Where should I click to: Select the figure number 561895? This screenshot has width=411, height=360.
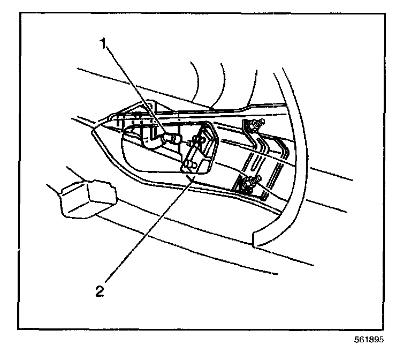pyautogui.click(x=368, y=340)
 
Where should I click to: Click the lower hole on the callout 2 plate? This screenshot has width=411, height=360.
pyautogui.click(x=188, y=163)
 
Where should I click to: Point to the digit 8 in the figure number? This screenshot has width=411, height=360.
pyautogui.click(x=369, y=340)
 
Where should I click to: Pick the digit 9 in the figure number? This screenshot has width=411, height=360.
pyautogui.click(x=374, y=340)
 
